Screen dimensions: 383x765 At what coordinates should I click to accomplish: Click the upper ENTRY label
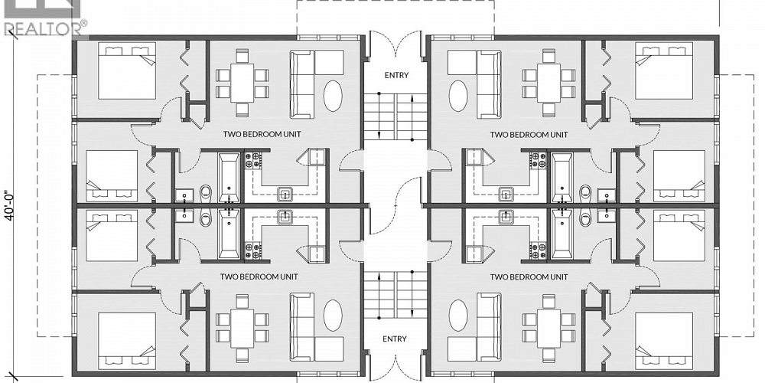coord(396,75)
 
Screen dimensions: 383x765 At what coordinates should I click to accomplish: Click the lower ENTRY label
coord(396,339)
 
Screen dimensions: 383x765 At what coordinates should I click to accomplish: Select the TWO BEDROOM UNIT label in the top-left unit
coord(261,134)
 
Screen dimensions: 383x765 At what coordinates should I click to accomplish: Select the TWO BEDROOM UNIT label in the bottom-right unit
coord(529,277)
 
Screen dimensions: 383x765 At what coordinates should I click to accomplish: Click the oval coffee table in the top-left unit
coord(333,96)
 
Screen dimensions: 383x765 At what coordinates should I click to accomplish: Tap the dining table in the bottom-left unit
coord(242,327)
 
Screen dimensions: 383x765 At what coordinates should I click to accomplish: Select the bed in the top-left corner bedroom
coord(127,70)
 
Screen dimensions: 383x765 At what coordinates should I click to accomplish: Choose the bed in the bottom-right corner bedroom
coord(663,336)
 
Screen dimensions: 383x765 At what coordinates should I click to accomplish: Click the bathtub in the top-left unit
coord(229,176)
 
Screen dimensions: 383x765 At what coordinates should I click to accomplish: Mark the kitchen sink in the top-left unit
coord(285,195)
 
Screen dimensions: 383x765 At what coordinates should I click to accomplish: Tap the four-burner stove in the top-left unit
coord(253,161)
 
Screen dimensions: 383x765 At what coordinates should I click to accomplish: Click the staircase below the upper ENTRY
coord(396,115)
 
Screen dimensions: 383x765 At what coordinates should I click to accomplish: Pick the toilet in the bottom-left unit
coord(205,219)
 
